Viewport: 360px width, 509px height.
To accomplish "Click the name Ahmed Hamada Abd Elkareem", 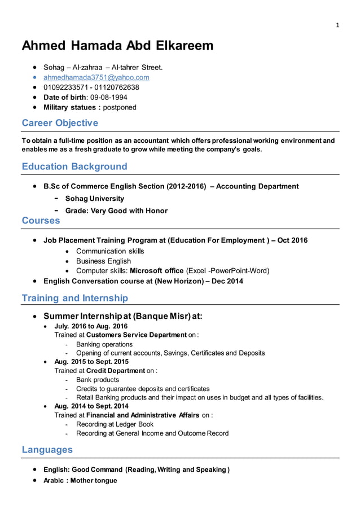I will tap(117, 46).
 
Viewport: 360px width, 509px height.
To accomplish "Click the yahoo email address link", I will tap(96, 77).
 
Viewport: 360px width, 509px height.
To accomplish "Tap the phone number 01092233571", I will tap(65, 87).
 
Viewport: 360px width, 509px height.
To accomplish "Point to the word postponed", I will tap(120, 107).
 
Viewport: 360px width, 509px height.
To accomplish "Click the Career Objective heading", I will tap(59, 123).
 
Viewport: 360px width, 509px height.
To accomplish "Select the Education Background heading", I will tap(74, 166).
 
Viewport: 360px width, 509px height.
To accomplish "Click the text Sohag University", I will tap(95, 199).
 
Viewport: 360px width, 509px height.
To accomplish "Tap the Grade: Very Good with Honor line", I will tap(116, 210).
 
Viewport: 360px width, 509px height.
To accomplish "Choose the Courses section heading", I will tap(41, 221).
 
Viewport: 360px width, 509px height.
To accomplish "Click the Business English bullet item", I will tap(103, 261).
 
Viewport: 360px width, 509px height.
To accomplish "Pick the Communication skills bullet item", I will tap(110, 251).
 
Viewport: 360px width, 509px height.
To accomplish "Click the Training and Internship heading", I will tap(74, 298).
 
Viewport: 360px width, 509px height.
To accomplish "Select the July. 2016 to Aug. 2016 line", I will tap(91, 326).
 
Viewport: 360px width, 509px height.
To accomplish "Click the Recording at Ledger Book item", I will tap(115, 424).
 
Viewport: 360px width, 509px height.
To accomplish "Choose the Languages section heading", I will tap(47, 450).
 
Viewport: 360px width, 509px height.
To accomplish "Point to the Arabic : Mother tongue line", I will tap(80, 480).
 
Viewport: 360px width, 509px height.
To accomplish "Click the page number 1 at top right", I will tap(337, 25).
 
